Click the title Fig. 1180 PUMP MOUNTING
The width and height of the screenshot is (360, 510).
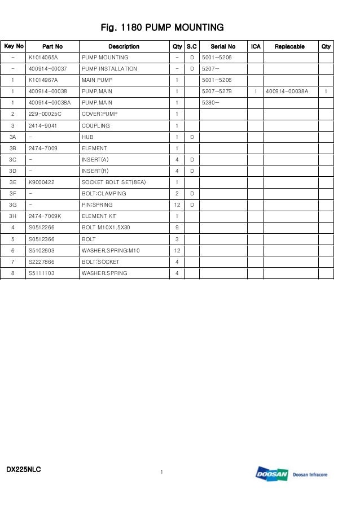coord(162,27)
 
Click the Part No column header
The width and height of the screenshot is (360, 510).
coord(52,46)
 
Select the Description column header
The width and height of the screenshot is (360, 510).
coord(124,46)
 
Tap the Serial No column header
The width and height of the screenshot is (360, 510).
coord(223,46)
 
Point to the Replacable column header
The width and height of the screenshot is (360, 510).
coord(289,46)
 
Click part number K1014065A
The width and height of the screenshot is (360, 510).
coord(43,58)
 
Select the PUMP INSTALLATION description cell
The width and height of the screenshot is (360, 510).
coord(109,69)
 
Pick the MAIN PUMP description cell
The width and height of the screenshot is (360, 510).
coord(97,80)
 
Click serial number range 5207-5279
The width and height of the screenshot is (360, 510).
coord(217,91)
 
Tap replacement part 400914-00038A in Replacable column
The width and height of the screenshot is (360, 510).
coord(287,91)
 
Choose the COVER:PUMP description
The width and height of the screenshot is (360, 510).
coord(100,114)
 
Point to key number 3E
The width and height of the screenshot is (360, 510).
coord(13,182)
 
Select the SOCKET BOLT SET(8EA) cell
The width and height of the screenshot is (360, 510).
coord(114,182)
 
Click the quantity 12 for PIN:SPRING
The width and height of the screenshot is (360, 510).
coord(177,205)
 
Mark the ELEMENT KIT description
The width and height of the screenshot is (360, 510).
coord(99,216)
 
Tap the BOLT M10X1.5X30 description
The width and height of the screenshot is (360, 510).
coord(106,228)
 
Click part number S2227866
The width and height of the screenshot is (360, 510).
coord(42,261)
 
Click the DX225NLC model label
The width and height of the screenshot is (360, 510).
coord(24,470)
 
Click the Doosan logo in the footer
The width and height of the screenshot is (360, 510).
coord(272,474)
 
